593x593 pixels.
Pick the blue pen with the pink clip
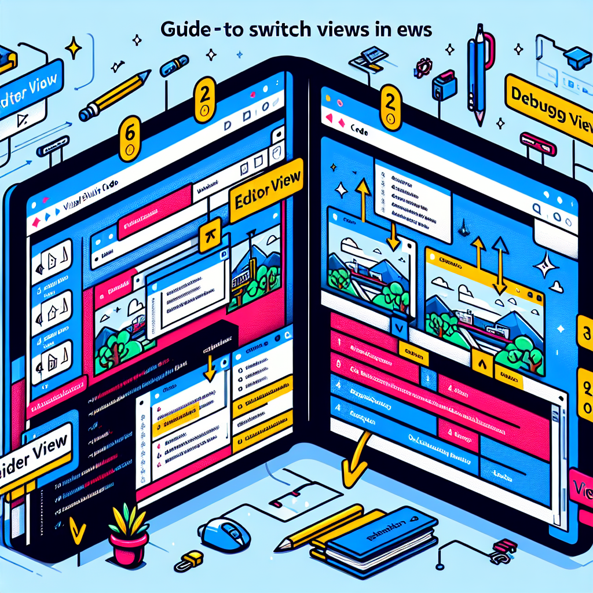tap(481, 69)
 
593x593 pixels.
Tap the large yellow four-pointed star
tap(74, 47)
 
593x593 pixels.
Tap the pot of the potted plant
tap(129, 550)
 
